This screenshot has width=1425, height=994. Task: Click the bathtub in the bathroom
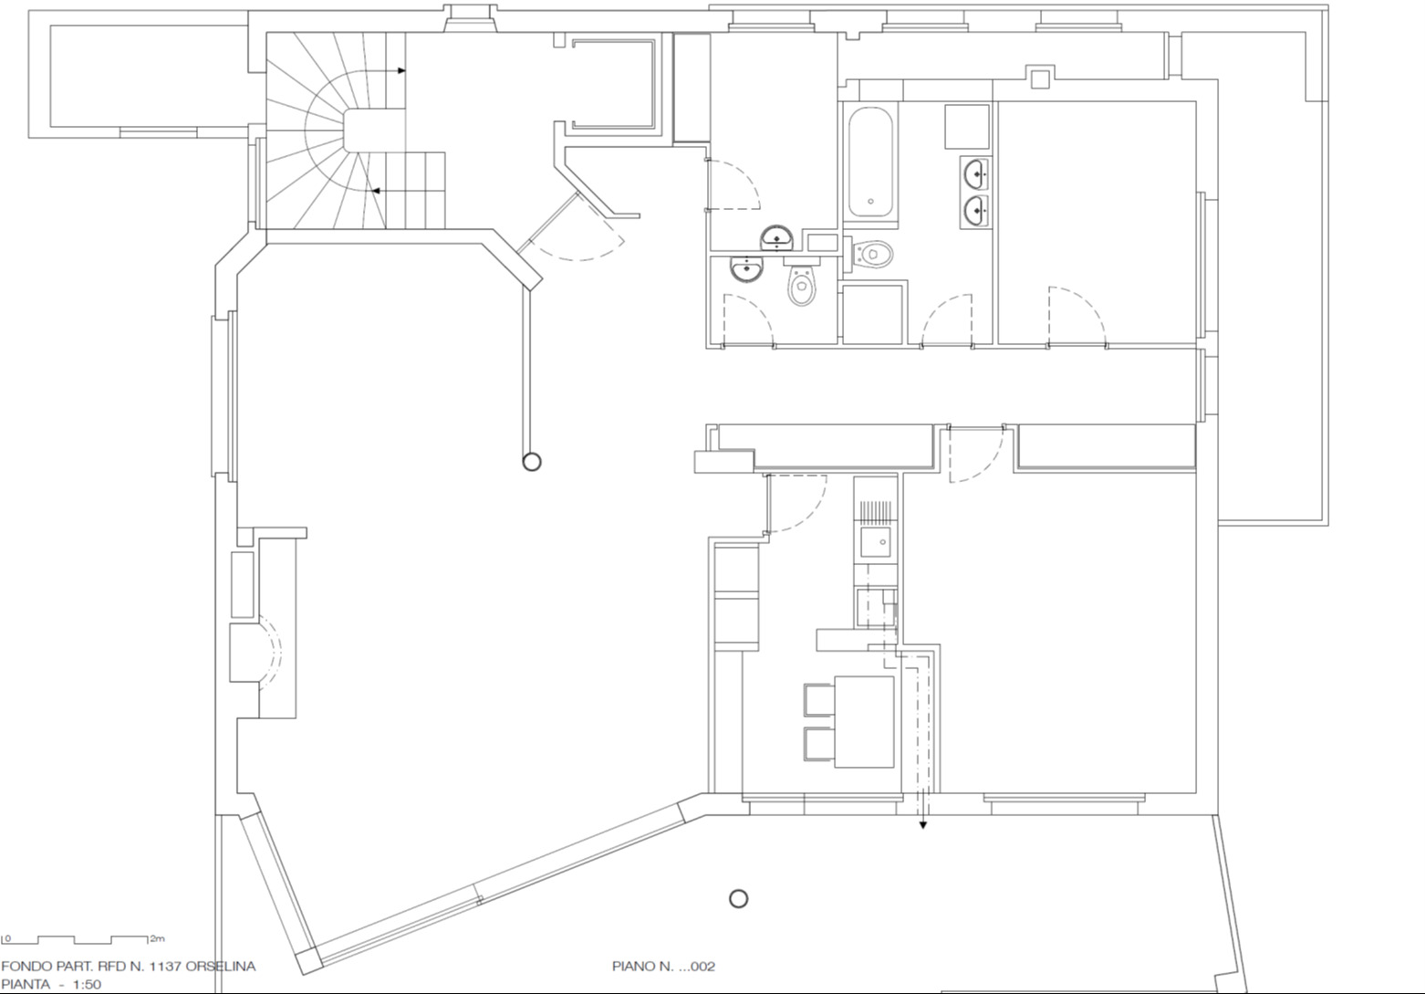[x=870, y=162]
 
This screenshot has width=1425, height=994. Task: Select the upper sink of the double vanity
[x=976, y=174]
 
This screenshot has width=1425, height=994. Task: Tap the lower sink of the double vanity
[x=976, y=210]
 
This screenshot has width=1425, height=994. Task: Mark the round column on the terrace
[x=738, y=898]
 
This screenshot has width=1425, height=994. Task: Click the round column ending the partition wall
[x=532, y=461]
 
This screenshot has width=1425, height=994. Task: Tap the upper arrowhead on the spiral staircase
[x=401, y=70]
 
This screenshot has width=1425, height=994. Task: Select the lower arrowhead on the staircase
[x=376, y=190]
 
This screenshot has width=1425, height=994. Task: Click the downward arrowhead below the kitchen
[x=922, y=825]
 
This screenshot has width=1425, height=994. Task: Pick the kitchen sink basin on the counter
[x=876, y=541]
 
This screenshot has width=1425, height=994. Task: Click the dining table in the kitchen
[x=864, y=722]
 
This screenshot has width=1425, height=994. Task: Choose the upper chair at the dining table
[x=819, y=700]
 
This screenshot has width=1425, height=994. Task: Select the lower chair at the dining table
[x=819, y=744]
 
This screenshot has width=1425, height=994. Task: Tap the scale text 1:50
[x=87, y=984]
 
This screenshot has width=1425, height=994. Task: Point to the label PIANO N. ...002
[x=663, y=966]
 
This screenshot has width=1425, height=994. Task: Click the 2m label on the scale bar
[x=157, y=938]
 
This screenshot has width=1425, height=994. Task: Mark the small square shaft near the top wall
[x=1040, y=79]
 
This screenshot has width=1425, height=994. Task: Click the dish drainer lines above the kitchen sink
[x=876, y=511]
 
